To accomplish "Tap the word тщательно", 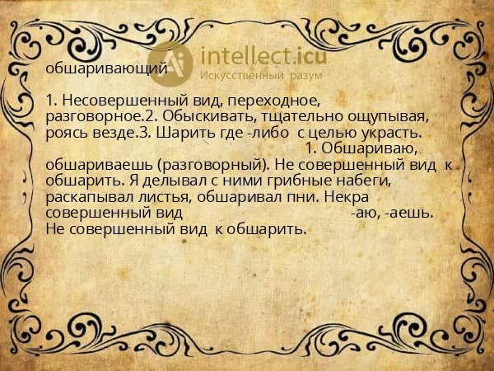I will click(x=283, y=117).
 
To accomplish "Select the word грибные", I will click(x=268, y=181).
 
